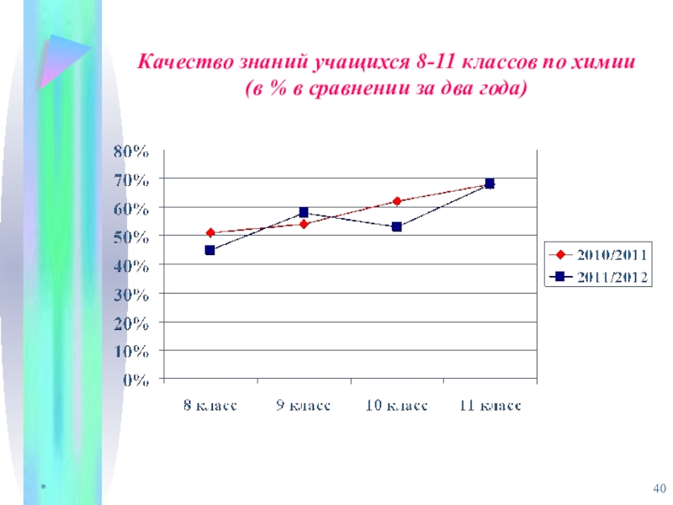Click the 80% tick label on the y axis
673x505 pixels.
pos(131,151)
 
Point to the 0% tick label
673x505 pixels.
pos(136,380)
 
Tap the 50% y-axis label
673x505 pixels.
pos(131,237)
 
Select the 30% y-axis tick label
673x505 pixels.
pos(131,295)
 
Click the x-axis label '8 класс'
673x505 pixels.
pos(210,406)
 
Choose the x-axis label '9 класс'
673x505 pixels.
pos(303,406)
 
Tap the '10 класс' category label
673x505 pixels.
pos(396,406)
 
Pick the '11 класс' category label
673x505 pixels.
pos(489,406)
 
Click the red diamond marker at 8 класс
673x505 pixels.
pos(209,233)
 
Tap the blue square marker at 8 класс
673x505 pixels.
pos(209,250)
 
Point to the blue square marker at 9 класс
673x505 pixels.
pos(304,213)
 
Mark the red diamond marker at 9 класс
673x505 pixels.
pos(304,224)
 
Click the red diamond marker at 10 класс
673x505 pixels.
pos(397,201)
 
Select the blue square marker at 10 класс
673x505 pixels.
pos(397,227)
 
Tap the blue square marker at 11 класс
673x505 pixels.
pos(490,183)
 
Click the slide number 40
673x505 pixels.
pos(659,490)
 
